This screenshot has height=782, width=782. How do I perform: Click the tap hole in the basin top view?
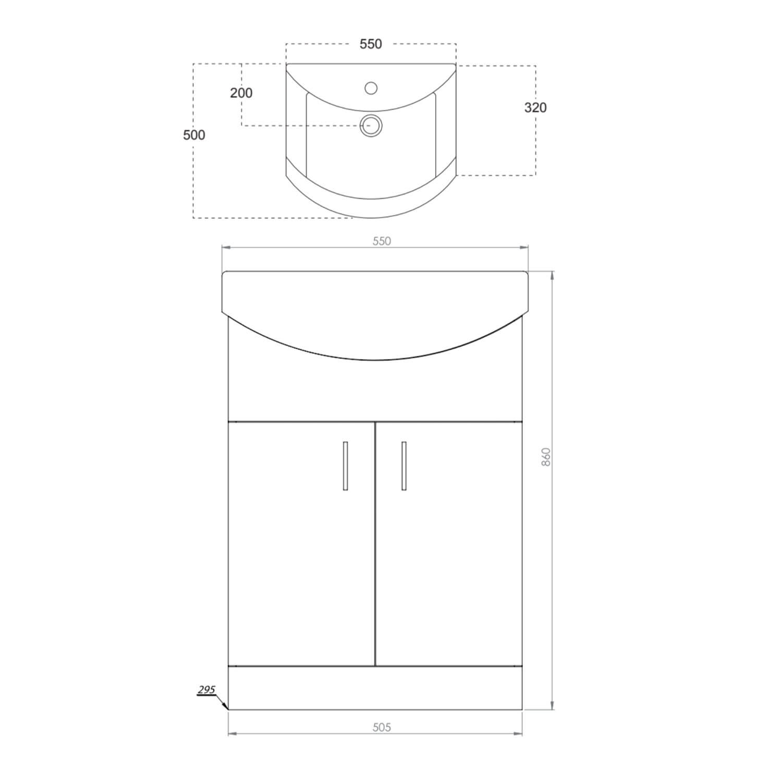(371, 88)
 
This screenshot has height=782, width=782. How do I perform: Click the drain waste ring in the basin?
(371, 126)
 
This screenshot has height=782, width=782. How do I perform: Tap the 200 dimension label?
(241, 93)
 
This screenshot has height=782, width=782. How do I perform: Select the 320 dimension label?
(535, 107)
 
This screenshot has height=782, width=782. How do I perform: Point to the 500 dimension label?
(194, 135)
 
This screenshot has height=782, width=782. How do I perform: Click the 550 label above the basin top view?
(371, 44)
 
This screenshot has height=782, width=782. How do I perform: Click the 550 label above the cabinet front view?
(382, 241)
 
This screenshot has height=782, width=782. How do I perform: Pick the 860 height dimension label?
(546, 457)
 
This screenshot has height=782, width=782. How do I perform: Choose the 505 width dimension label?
(382, 727)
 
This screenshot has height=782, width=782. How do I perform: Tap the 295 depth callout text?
(206, 690)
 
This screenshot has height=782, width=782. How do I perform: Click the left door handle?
(345, 466)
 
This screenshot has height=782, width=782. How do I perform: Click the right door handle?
(404, 466)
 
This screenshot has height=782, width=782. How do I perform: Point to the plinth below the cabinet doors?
(375, 688)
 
